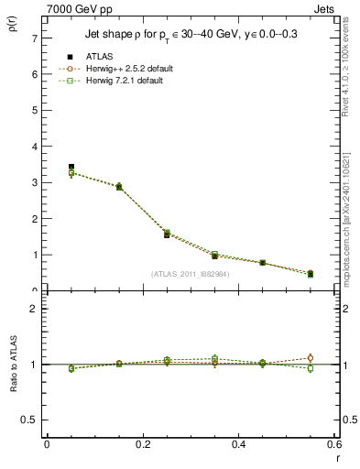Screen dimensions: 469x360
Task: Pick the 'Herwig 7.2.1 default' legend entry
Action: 125,81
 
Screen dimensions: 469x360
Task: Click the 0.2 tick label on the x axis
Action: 142,444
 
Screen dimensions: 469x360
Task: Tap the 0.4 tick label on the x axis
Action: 238,444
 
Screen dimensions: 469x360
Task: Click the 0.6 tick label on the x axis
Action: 333,444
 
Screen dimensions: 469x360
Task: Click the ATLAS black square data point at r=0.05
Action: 71,167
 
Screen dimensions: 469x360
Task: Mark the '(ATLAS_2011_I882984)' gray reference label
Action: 191,274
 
